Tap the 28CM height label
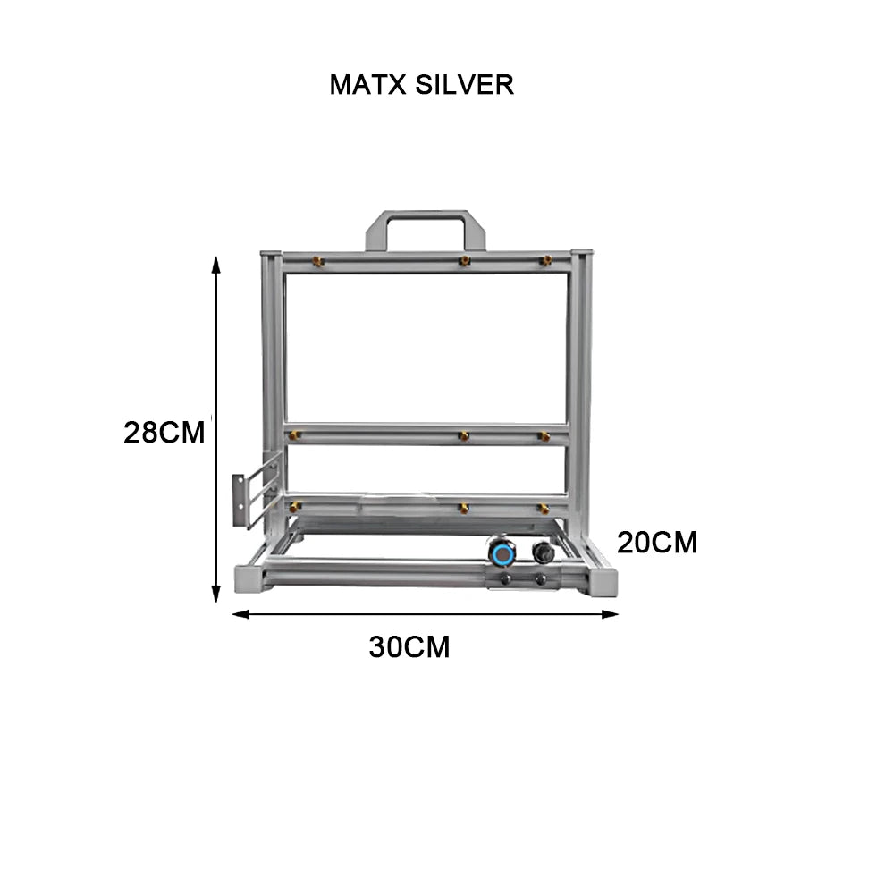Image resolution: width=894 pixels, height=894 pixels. click(x=164, y=433)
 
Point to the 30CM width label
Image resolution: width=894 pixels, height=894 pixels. click(x=409, y=647)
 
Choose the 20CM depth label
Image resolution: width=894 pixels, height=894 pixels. click(x=657, y=543)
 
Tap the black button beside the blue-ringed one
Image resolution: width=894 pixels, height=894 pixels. click(x=541, y=552)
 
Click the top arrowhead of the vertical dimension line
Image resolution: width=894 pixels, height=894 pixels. click(x=215, y=262)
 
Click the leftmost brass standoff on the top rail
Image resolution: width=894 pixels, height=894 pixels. click(x=318, y=260)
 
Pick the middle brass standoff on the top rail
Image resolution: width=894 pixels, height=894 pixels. click(x=463, y=260)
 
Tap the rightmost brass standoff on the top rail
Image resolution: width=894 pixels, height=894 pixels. click(x=545, y=260)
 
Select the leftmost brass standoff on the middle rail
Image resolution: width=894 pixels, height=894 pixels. click(x=294, y=435)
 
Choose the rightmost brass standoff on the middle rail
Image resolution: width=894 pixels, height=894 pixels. click(x=544, y=435)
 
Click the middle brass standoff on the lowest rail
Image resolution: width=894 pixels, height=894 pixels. click(x=463, y=507)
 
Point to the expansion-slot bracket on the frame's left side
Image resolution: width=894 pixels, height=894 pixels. click(x=257, y=492)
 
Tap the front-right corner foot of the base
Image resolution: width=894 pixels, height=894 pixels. click(x=602, y=581)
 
